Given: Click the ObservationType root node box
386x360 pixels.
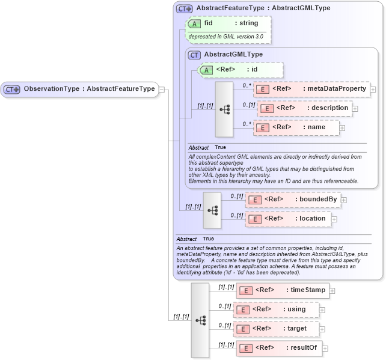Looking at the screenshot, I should tap(79, 89).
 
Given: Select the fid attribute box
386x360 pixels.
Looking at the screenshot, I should tap(229, 23).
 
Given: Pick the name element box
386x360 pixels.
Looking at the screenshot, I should tap(296, 127).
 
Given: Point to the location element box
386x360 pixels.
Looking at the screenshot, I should tap(288, 219).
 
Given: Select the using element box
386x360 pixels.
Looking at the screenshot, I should tap(276, 310).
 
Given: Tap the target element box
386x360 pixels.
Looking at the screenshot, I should tap(276, 329).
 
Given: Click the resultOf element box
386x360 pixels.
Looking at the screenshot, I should tap(279, 348).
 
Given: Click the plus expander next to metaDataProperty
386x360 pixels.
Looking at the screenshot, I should tap(373, 90).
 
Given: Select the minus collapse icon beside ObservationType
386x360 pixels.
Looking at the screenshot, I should tap(162, 90).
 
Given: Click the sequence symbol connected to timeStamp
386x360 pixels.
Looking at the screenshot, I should tap(200, 320).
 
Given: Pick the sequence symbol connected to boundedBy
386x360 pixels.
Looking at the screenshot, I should tap(212, 210).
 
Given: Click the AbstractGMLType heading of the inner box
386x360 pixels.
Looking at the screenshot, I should tap(233, 55).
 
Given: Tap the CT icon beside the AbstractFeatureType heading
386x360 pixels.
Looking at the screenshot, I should tap(184, 9).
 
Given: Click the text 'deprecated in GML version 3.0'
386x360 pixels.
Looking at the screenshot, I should tap(226, 37).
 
